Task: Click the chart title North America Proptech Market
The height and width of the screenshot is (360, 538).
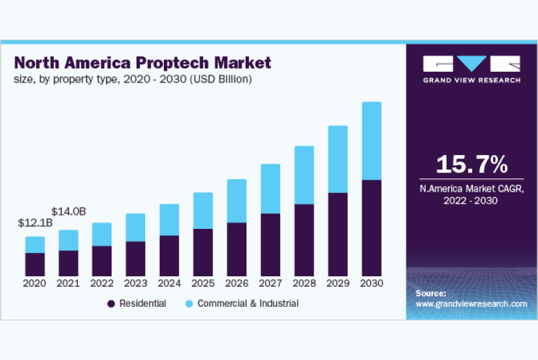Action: [142, 63]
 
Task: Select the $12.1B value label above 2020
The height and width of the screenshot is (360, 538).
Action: [35, 224]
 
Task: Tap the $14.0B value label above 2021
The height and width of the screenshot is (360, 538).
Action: [69, 212]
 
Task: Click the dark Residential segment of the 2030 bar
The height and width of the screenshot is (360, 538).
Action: [371, 228]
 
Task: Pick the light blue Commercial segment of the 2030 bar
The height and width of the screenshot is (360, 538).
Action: [371, 140]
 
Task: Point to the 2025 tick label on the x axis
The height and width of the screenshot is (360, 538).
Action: [203, 283]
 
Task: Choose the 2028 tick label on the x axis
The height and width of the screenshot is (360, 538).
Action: [304, 283]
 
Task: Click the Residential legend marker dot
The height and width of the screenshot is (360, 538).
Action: [111, 303]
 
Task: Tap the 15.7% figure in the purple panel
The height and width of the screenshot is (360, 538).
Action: [472, 164]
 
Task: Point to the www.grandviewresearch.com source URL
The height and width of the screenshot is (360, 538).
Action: [471, 303]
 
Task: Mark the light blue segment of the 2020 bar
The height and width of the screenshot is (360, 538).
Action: [35, 244]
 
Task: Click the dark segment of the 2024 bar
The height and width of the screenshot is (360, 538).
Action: [169, 256]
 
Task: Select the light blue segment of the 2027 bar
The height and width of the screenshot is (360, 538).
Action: [270, 188]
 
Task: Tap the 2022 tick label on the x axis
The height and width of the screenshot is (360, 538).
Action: [102, 283]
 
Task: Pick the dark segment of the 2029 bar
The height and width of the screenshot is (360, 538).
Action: [338, 234]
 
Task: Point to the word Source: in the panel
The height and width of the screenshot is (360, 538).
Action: [431, 293]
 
